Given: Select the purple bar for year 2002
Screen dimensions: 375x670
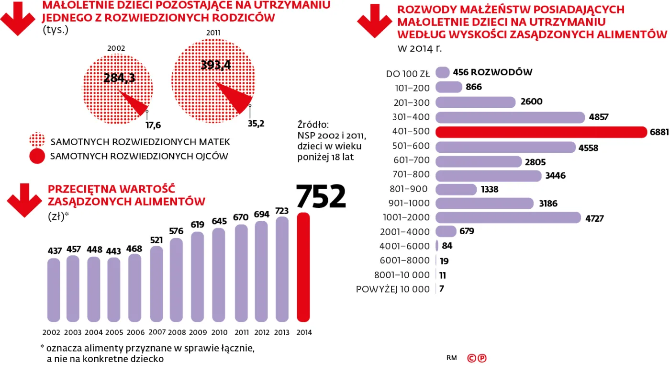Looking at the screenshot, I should [x=54, y=290].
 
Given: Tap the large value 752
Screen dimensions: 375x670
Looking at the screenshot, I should [x=321, y=196].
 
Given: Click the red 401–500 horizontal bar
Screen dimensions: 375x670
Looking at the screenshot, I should [x=541, y=132].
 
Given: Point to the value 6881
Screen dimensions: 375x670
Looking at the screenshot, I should [x=659, y=132].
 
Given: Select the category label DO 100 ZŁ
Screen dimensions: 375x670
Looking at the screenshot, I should [x=408, y=74].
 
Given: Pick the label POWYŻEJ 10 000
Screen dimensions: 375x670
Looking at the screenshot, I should [x=393, y=289].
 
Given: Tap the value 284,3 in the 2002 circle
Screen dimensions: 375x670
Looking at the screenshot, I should [x=119, y=78].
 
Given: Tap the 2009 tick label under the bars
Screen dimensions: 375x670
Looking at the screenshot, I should [x=198, y=332].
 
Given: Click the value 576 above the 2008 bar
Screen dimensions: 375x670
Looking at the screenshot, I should [x=176, y=231].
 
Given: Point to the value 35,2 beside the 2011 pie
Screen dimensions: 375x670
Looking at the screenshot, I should [x=256, y=123].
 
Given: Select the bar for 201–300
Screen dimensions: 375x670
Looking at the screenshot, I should [x=475, y=102].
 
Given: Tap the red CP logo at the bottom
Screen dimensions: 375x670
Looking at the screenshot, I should [x=477, y=358].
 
